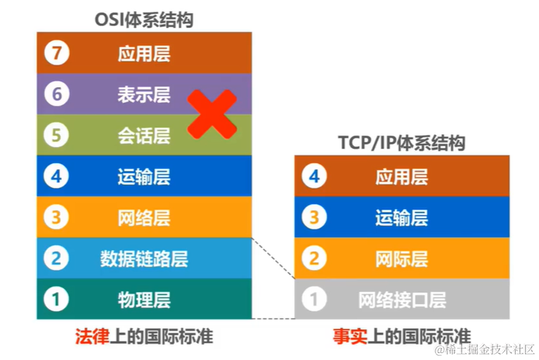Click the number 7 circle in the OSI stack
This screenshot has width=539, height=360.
click(57, 53)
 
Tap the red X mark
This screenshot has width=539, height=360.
click(211, 114)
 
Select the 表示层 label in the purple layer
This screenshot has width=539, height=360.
click(144, 94)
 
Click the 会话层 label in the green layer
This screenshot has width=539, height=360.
click(144, 135)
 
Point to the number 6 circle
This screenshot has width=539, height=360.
click(57, 94)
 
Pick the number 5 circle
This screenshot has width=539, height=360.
click(57, 135)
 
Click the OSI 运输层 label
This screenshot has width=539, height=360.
click(144, 176)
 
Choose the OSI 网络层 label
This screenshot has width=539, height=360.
click(144, 217)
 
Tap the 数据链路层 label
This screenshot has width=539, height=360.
click(144, 258)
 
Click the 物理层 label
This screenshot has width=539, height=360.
click(144, 300)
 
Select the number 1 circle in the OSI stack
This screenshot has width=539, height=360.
click(57, 300)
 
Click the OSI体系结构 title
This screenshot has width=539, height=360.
click(144, 20)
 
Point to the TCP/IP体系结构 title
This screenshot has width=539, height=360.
click(401, 143)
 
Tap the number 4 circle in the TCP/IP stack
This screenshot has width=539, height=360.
click(314, 176)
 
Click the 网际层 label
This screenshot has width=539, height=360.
click(401, 258)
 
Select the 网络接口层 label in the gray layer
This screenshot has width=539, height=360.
click(401, 300)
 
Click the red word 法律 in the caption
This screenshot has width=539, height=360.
click(92, 336)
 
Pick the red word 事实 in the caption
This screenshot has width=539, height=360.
click(349, 336)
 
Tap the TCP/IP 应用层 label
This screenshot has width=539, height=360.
click(401, 176)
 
